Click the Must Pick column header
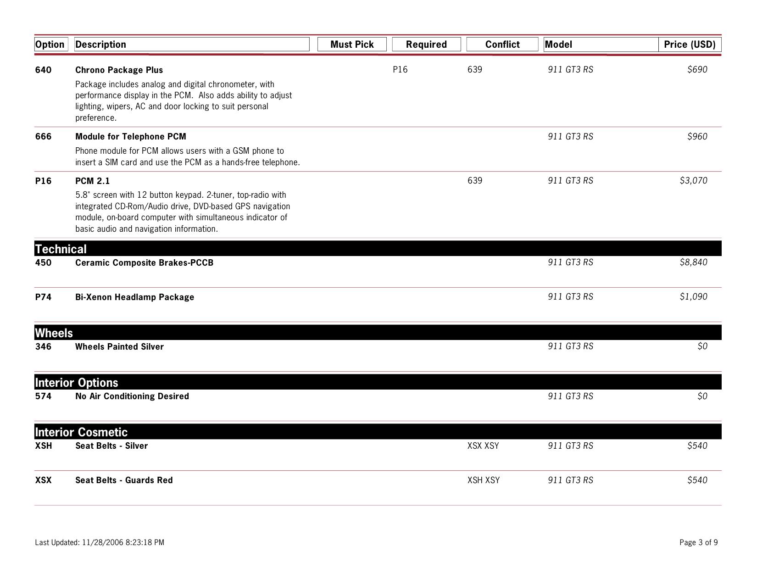[352, 45]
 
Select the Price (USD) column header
[690, 45]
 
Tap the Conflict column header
[502, 45]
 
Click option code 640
[43, 70]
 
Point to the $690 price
[697, 70]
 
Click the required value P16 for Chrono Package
[400, 70]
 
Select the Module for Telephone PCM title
[131, 137]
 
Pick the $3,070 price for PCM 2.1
[693, 181]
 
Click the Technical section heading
[61, 249]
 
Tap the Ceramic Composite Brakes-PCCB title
[144, 263]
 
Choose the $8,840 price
[693, 262]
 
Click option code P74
[43, 297]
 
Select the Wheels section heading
[54, 333]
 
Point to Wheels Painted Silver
[119, 347]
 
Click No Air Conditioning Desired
[132, 396]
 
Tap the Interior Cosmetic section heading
[81, 432]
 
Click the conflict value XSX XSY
[483, 446]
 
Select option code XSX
[43, 480]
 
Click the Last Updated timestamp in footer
[100, 543]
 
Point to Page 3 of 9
[698, 543]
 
